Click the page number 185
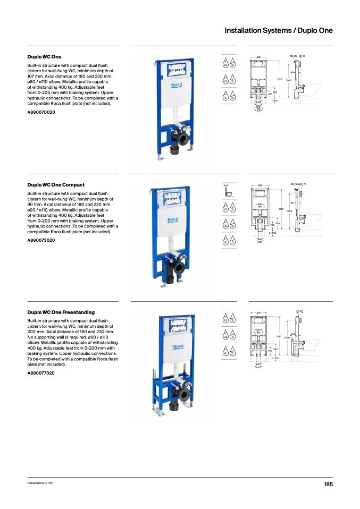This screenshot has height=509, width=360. tap(328, 485)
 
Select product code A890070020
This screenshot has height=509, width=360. tap(41, 112)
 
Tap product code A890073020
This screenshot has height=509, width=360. tap(41, 240)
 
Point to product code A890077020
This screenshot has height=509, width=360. tap(41, 373)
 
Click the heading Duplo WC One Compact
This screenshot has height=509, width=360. tap(56, 185)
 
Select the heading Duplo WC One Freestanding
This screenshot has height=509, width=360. tap(61, 312)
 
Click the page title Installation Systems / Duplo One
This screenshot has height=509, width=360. tap(278, 30)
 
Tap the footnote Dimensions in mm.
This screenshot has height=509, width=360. tap(41, 483)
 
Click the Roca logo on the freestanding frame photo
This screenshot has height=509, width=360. tap(178, 347)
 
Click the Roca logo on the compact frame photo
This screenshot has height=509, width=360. tap(173, 219)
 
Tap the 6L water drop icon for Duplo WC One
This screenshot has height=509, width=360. tap(225, 64)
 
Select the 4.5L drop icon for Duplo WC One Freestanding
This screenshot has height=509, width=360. tap(225, 336)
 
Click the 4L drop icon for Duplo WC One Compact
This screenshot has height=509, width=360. tap(225, 242)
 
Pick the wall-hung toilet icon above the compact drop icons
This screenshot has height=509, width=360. tap(228, 190)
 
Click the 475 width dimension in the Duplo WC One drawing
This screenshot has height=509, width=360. tap(258, 57)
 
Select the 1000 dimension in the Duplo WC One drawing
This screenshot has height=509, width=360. tap(288, 80)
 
